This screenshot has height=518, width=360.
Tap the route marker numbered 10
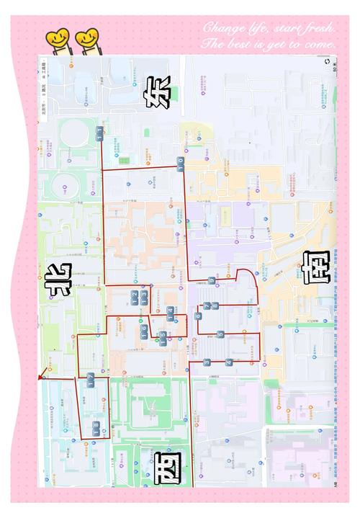(x=180, y=168)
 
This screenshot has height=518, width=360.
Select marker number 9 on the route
(x=211, y=280)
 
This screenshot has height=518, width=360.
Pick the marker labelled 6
(x=198, y=316)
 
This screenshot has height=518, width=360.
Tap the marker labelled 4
(x=229, y=362)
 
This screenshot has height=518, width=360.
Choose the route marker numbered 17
(x=91, y=380)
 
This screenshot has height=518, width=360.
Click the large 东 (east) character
(x=159, y=92)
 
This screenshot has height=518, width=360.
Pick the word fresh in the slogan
(x=317, y=27)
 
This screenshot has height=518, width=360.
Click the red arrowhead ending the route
(x=41, y=373)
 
